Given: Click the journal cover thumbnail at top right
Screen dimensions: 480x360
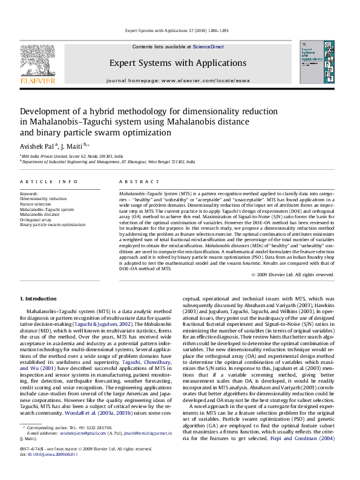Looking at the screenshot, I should [x=316, y=62].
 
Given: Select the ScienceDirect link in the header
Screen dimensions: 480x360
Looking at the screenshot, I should [x=208, y=47].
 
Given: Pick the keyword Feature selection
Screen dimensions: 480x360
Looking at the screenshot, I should [x=36, y=204].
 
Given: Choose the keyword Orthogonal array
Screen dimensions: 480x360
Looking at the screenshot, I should [x=36, y=219].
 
